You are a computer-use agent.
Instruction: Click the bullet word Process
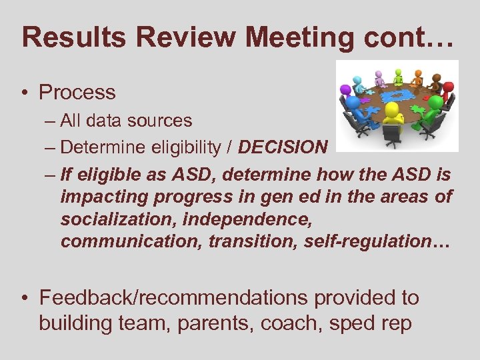(77, 92)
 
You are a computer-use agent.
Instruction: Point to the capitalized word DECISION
(283, 147)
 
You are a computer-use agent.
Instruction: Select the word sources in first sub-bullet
(161, 121)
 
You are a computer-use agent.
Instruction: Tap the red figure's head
(448, 86)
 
